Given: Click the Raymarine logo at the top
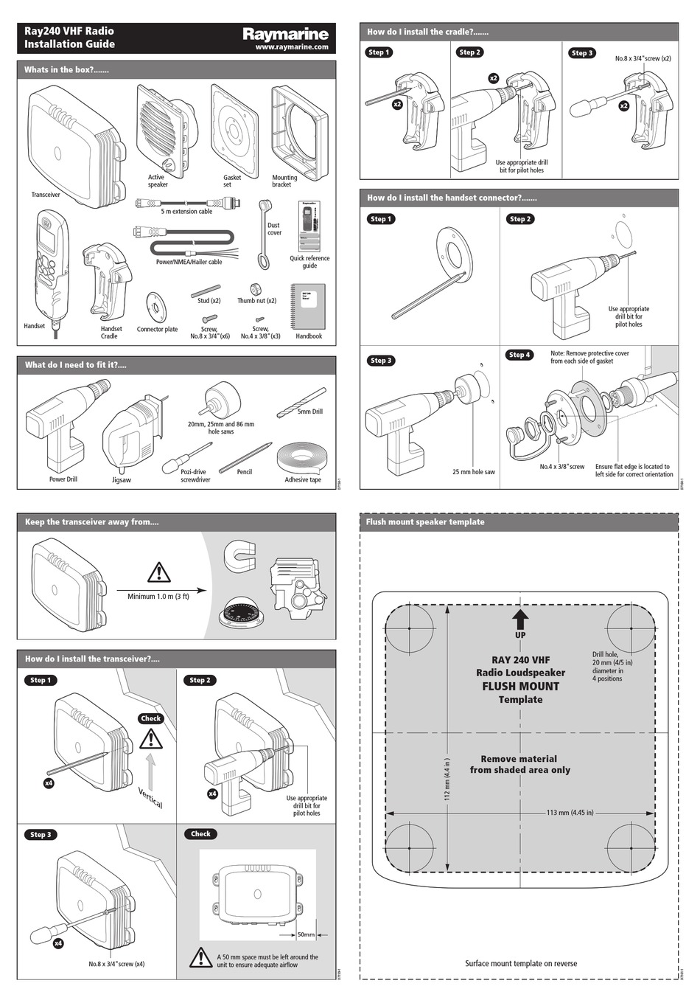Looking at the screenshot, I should coord(285,34).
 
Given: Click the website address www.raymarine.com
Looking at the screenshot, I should coord(292,47).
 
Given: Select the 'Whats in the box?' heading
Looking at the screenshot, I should coord(66,70).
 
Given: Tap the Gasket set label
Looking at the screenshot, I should coord(232,181).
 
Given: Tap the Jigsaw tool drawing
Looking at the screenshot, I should coord(133,435).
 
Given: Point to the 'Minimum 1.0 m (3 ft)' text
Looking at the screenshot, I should coord(158,597).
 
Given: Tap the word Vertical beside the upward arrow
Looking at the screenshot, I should coord(150,797).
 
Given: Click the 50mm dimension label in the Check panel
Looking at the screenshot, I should coord(306,934).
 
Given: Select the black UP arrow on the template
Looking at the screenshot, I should coord(520,619).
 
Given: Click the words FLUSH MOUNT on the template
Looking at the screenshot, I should coord(520,686).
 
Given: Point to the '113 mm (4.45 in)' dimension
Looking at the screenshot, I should coord(569,813).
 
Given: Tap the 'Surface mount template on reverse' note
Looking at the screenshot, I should coord(520,963).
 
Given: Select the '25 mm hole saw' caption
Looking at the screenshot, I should coord(473,472).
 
